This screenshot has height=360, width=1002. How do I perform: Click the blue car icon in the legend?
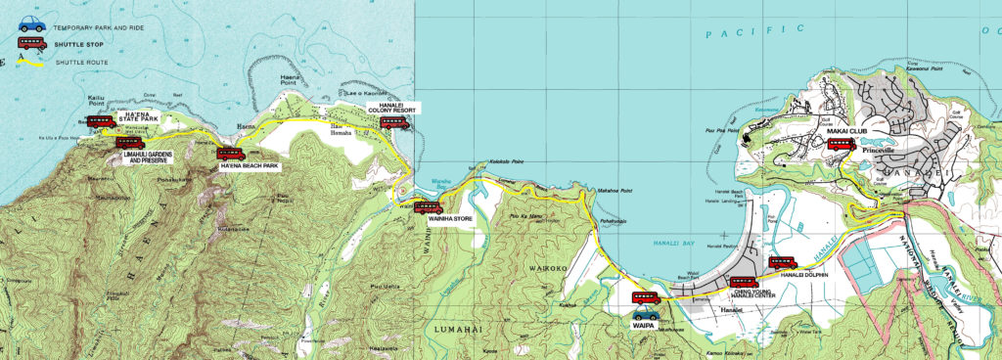coord(31,22)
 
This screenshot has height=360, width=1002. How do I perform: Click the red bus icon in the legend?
coord(31,44)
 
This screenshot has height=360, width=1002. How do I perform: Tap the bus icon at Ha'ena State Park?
coord(100,122)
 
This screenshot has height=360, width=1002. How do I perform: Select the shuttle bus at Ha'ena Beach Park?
coord(231,154)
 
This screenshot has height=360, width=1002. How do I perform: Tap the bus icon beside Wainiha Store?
coord(429,207)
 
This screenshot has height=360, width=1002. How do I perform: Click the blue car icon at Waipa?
coord(646,315)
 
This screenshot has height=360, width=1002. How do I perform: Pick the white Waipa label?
coord(646,333)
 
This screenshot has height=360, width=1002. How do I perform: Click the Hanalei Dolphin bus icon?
coord(783,262)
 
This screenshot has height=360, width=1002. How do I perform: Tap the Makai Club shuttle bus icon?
coord(842,144)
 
